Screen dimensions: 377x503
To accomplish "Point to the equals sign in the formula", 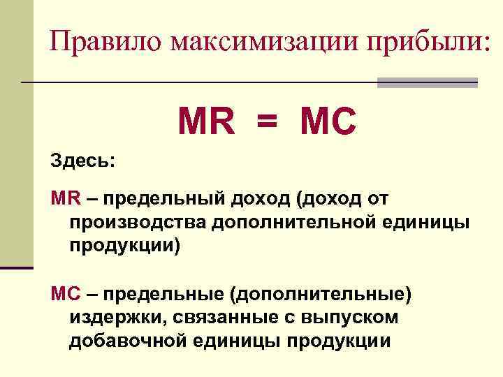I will [267, 123].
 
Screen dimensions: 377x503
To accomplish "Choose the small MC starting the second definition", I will [66, 295].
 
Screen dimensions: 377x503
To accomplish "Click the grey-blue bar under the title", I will [427, 82].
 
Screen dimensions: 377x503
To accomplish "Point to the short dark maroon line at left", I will [17, 267].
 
